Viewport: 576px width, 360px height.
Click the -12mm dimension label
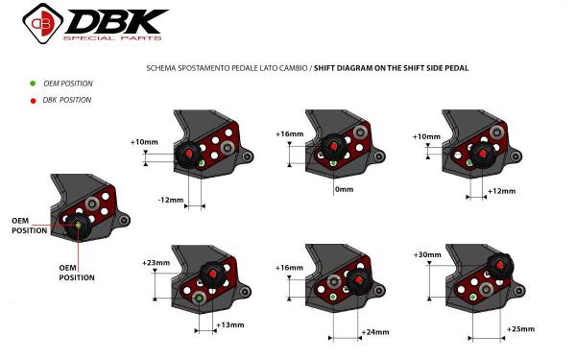tap(171, 201)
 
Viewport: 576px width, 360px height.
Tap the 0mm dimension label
tap(345, 189)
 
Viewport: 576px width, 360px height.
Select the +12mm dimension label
tap(501, 191)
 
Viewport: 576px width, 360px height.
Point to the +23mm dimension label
tap(156, 263)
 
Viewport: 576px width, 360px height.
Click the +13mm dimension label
tap(230, 324)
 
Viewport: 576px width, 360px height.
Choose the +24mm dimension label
tap(375, 332)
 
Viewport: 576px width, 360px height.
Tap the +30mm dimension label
tap(427, 254)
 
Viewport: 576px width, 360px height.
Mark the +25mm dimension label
tap(520, 328)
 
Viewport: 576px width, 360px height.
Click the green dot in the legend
tap(33, 84)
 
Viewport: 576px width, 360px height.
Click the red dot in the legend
tap(33, 101)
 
